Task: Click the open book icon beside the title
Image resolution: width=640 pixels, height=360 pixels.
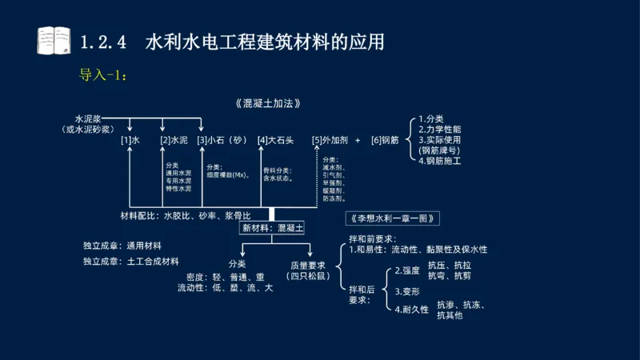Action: pos(54,40)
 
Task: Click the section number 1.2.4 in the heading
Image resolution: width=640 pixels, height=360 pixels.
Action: pos(103,41)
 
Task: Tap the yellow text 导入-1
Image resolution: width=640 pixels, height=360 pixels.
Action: pos(103,76)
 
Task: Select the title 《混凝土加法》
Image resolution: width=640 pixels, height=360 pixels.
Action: pos(270,104)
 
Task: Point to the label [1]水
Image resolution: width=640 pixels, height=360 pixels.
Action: pos(130,140)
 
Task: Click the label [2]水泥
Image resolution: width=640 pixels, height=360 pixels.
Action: pos(174,140)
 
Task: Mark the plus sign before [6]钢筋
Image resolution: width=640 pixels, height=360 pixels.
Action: pos(358,140)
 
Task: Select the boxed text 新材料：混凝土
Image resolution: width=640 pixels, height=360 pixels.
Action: pos(273,228)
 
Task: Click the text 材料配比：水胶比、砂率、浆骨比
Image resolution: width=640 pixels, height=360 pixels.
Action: pos(185,216)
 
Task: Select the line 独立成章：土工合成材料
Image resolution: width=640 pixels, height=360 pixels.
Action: pos(131,261)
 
